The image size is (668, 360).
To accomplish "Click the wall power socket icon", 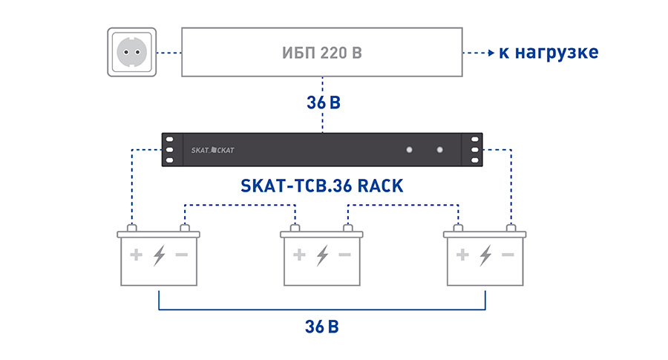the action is pos(131,53).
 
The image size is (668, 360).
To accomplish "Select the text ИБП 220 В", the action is pos(322,53).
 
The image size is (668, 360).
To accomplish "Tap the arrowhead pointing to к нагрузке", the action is pos(491,53).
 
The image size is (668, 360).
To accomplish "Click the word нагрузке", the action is pos(557,53).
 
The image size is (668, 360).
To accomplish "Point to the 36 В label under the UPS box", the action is pos(324,102).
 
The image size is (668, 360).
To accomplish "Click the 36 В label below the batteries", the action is pos(322,327).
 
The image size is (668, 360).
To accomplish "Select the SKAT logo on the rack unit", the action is pos(212,150).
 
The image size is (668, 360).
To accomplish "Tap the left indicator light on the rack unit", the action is pos(409,149).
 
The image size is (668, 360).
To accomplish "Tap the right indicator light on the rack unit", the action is pos(439,149).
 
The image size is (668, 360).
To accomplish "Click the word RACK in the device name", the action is pos(380,186).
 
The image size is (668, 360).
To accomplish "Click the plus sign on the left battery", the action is pos(136,255).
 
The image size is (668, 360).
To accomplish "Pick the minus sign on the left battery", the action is pos(182,255).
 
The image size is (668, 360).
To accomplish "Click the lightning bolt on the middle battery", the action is pos(323,255).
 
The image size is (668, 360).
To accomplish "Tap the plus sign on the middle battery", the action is pos(299,255).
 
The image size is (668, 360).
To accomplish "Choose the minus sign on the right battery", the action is pos(508,255).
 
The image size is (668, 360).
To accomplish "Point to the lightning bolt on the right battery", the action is pos(485,255).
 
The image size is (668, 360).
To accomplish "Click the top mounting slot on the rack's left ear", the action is pos(169,139).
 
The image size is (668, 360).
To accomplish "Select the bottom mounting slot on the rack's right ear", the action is pos(475,160).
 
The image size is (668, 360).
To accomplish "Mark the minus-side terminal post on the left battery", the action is pos(185,229).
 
